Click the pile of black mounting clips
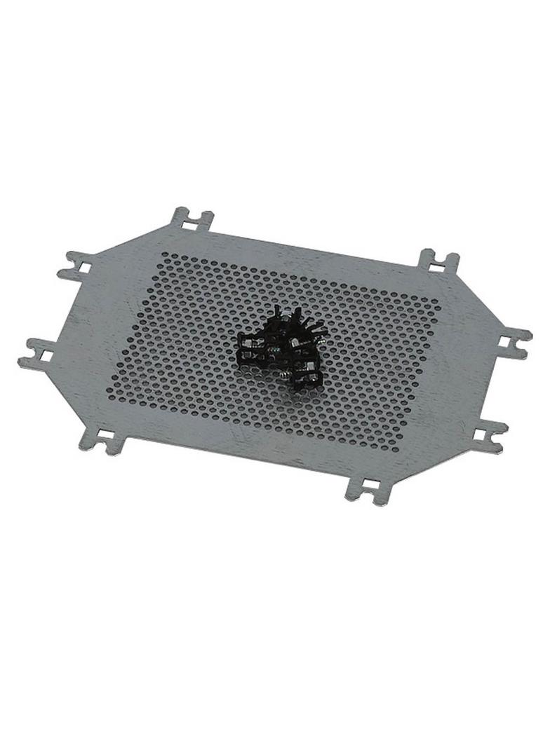[x=281, y=347]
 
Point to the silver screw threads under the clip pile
[x=282, y=374]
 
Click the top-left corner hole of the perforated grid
[x=166, y=256]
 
